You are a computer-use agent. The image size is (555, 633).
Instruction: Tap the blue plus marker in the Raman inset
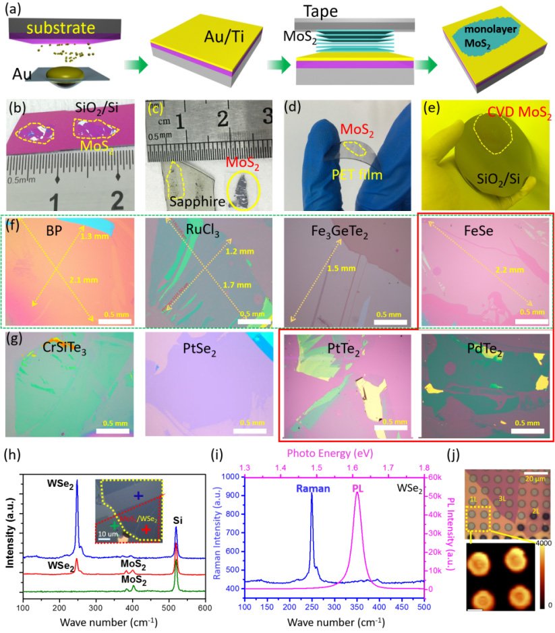coord(138,495)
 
